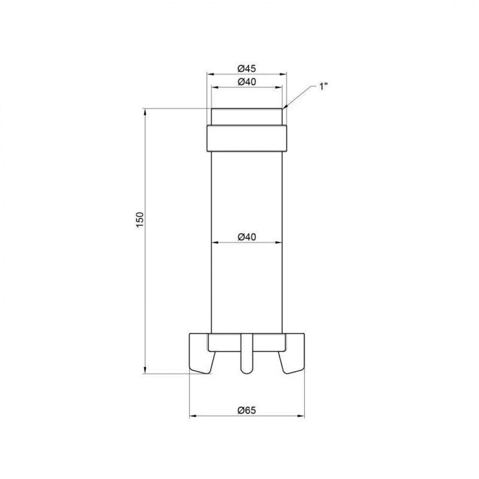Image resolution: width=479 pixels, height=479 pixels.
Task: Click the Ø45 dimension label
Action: point(246,68)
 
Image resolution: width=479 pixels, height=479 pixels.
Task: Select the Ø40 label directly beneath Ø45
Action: point(246,81)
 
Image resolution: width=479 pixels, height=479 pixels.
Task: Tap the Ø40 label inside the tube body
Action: point(246,236)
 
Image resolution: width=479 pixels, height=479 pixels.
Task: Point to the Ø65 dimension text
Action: point(247,410)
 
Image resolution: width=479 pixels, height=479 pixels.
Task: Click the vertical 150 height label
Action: point(139,219)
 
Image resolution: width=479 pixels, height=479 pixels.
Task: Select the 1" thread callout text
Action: point(323,87)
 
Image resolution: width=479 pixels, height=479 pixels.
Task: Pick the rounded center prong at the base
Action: point(246,354)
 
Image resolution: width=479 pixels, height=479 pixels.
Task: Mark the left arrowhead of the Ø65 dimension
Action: point(192,416)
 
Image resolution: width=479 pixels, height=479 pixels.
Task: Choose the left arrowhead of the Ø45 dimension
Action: point(209,74)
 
